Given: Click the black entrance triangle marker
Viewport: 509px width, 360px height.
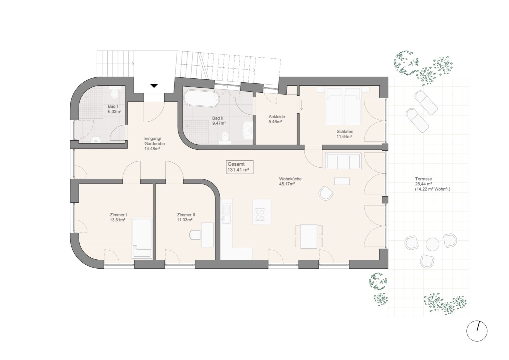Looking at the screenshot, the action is click(154, 86).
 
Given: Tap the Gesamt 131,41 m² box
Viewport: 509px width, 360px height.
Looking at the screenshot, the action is click(240, 167).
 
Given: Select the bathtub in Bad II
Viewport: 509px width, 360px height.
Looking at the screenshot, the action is click(201, 98).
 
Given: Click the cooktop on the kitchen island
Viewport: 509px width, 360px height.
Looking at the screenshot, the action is click(260, 214).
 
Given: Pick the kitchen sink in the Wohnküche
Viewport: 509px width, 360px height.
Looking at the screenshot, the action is click(226, 214).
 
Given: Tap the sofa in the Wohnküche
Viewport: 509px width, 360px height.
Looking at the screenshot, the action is click(343, 161).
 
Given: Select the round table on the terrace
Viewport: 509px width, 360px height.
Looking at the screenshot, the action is click(432, 244).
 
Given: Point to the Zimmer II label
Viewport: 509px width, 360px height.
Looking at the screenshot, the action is click(186, 217).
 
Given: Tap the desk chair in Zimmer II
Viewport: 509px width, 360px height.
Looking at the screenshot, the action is click(195, 235).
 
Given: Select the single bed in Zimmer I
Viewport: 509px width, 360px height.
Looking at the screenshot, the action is click(142, 238).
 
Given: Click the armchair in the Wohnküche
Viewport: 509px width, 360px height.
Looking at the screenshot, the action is click(326, 193).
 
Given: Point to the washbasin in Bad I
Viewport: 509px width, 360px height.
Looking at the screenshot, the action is click(96, 140).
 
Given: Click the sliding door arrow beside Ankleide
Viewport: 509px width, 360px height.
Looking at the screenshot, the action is click(301, 105).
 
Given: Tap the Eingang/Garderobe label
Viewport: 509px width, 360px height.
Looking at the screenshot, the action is click(154, 143).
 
